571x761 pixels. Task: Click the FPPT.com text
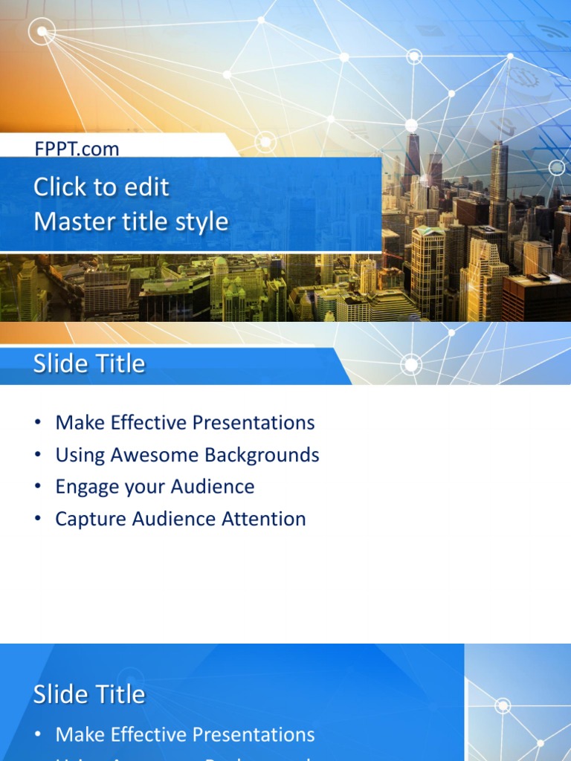[77, 149]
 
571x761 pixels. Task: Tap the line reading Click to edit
[101, 187]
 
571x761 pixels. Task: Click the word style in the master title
[202, 221]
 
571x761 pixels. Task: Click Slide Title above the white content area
[88, 363]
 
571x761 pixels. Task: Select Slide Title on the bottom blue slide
[88, 694]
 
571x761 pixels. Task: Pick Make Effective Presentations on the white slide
[185, 423]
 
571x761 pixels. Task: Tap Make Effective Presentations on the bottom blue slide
[185, 735]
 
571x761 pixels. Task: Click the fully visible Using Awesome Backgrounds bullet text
[187, 455]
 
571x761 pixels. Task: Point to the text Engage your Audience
[155, 487]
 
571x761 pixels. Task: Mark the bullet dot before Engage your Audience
[37, 487]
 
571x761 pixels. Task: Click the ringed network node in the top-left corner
[42, 31]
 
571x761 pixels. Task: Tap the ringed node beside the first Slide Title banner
[411, 364]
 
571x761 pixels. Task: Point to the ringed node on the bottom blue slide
[503, 705]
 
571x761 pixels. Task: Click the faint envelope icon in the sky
[430, 30]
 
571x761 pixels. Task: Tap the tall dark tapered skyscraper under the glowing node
[412, 160]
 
